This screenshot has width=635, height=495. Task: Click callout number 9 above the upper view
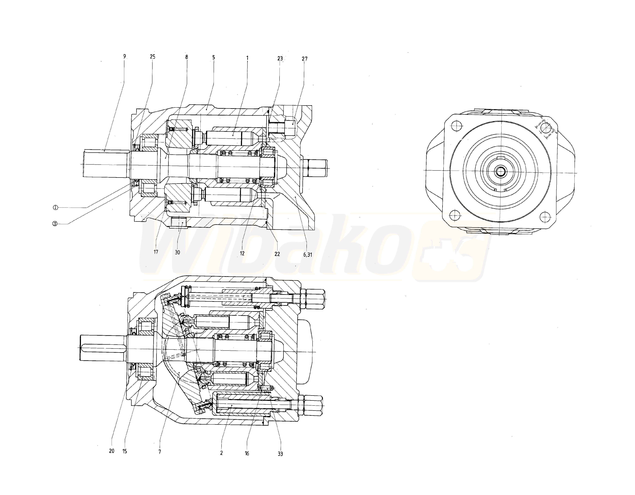tap(124, 56)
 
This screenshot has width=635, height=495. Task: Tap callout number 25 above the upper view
tap(153, 57)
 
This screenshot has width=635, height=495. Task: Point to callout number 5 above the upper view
tap(214, 57)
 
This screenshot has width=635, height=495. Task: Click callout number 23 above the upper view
tap(280, 58)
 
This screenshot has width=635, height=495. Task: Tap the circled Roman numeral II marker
tap(55, 224)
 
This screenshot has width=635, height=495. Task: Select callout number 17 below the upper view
tap(156, 252)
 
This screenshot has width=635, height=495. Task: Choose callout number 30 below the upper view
tap(177, 252)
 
